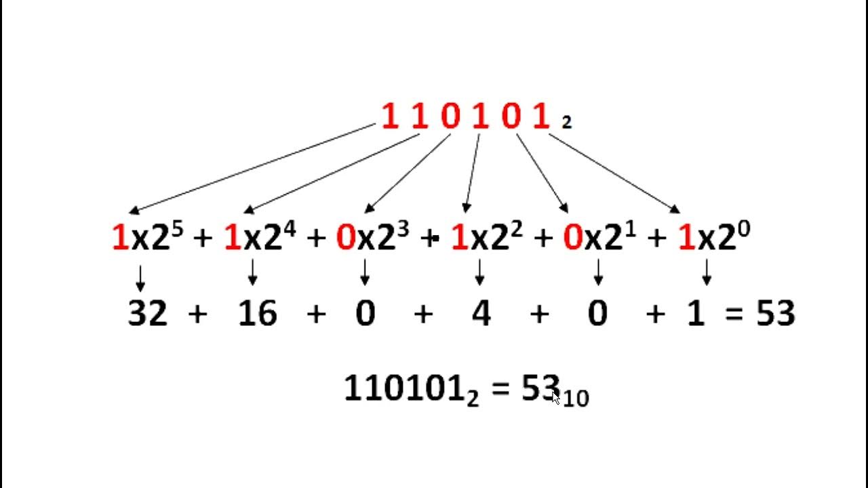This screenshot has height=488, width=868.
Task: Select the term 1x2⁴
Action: (x=260, y=238)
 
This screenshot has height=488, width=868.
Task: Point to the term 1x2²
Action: (x=486, y=238)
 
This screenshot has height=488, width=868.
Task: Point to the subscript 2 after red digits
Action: (x=567, y=123)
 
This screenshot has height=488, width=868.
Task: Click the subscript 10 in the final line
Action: (x=576, y=399)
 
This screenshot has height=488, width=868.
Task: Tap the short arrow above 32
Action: (x=140, y=277)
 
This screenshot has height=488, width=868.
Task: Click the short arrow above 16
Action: (x=253, y=272)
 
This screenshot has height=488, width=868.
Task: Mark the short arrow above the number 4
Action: (x=480, y=272)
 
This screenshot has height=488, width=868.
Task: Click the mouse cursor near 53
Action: (x=556, y=397)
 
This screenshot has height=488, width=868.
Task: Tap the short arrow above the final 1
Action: (x=707, y=272)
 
